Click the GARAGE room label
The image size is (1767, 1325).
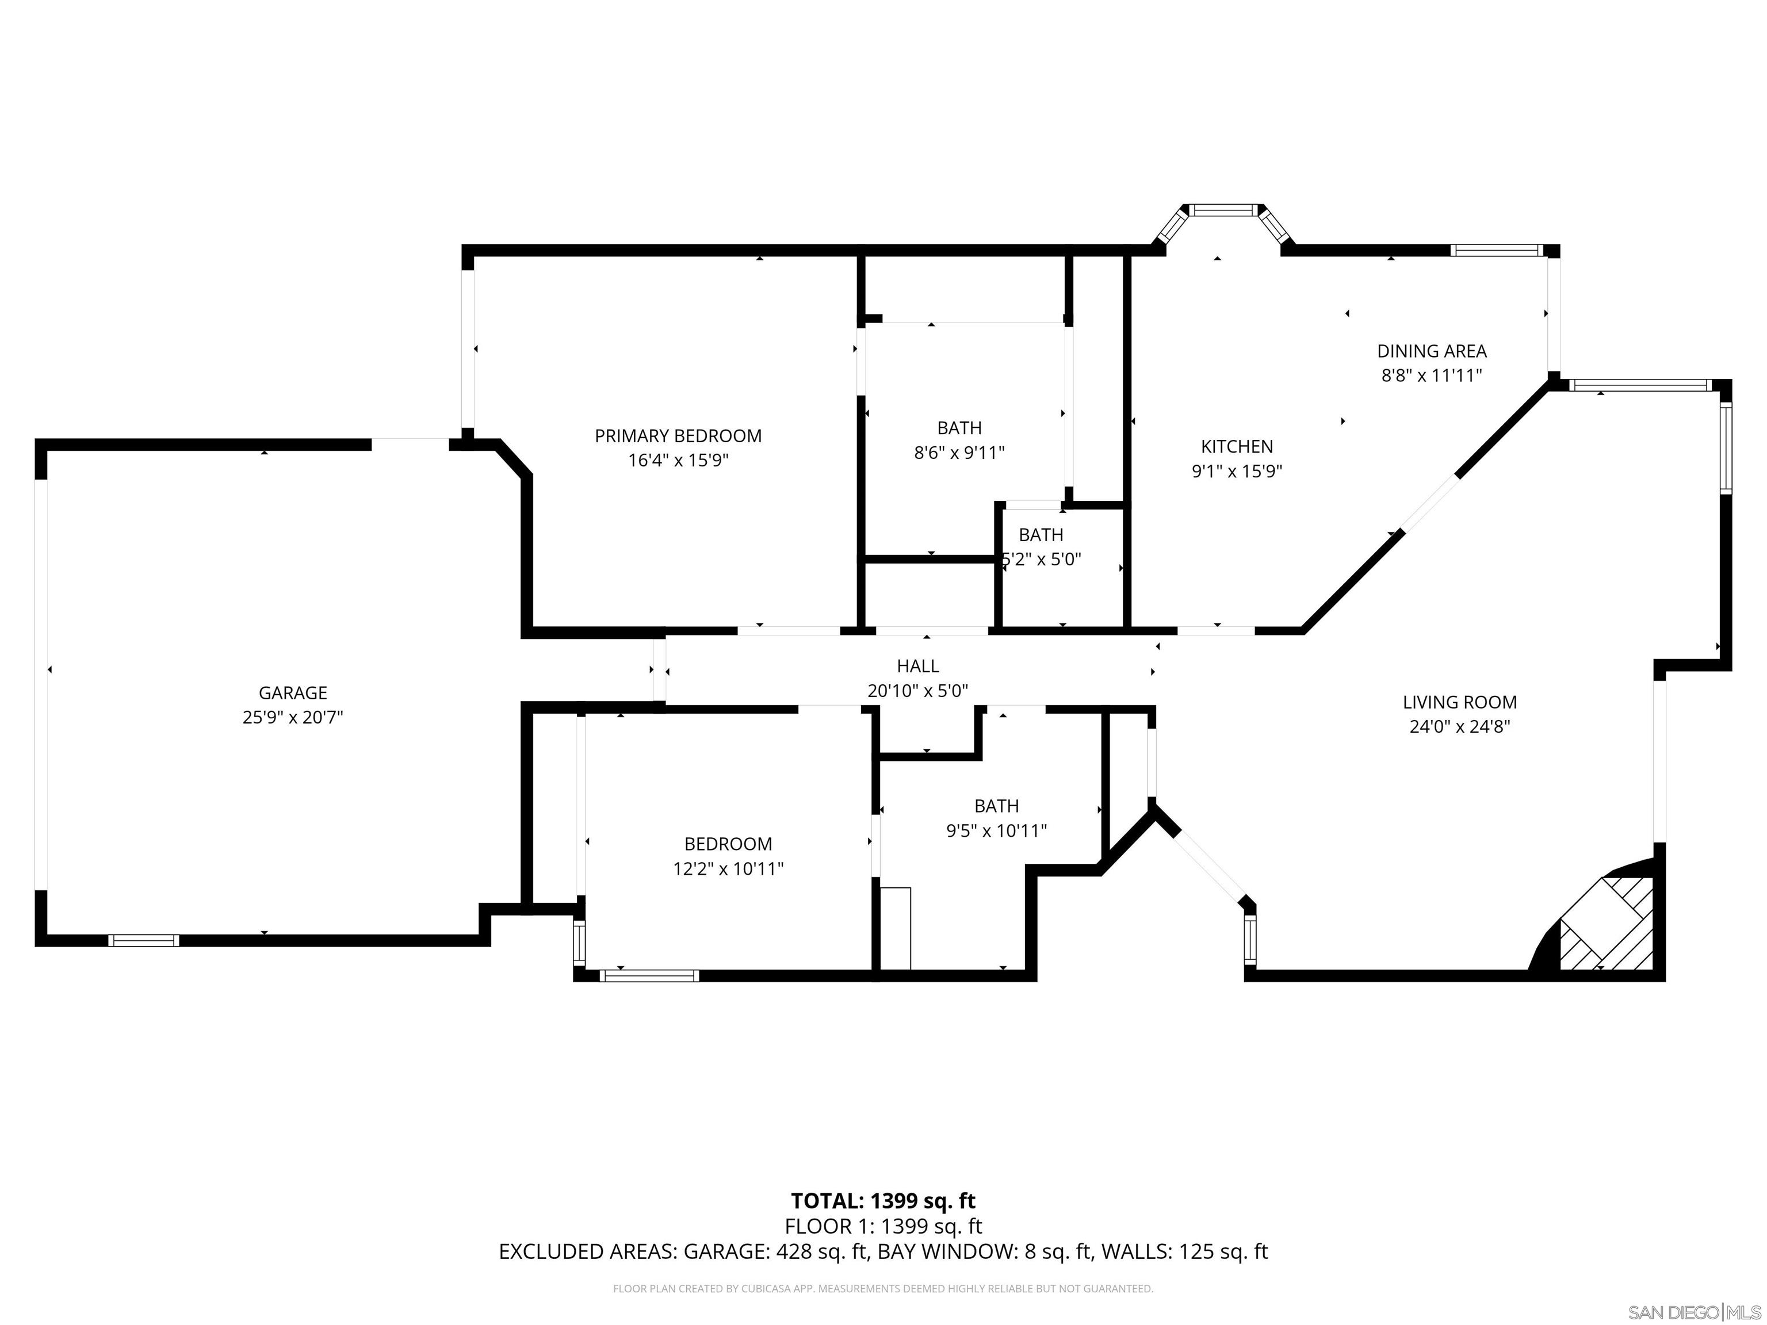coord(292,692)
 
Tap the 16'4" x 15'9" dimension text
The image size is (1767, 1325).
coord(678,460)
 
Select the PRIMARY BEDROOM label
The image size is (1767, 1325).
coord(678,436)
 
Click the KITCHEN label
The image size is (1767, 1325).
coord(1237,446)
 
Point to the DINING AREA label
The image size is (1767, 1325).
coord(1432,351)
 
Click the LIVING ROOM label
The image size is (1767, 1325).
coord(1459,702)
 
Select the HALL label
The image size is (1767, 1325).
coord(918,665)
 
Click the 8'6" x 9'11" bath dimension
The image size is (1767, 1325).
coord(959,453)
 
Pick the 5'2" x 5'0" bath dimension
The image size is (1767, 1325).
coord(1042,559)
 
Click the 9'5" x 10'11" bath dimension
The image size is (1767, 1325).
coord(996,830)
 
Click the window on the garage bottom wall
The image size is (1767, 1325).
coord(144,940)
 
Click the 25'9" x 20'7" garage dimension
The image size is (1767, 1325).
coord(292,717)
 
